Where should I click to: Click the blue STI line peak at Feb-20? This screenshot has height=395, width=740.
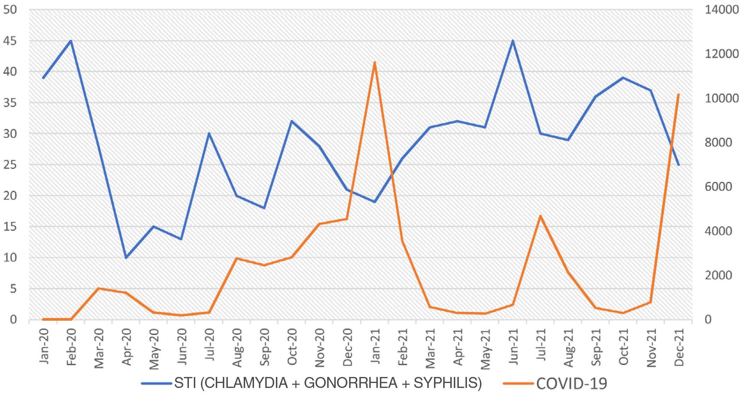[x=71, y=41]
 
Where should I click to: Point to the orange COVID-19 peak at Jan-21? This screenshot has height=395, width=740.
[x=375, y=62]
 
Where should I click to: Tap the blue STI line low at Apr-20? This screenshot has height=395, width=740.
[x=126, y=258]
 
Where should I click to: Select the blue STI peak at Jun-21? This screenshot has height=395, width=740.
[x=513, y=41]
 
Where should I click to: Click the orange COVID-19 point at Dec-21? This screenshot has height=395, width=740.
[x=678, y=95]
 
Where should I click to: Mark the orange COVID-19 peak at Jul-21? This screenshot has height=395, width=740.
[x=540, y=216]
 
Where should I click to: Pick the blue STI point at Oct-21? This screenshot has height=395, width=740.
[x=623, y=78]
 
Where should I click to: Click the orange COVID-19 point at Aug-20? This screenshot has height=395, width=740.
[x=237, y=258]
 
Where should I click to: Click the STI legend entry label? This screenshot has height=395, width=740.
[x=328, y=383]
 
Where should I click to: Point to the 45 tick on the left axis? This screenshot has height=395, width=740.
[x=10, y=41]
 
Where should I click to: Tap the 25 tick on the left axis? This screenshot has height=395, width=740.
[x=10, y=165]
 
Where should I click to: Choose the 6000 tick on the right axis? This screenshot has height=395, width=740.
[x=718, y=187]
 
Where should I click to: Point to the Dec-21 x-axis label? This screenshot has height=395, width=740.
[x=678, y=347]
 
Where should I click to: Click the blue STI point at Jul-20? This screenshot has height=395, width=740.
[x=209, y=134]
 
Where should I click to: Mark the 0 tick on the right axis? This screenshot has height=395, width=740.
[x=708, y=319]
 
